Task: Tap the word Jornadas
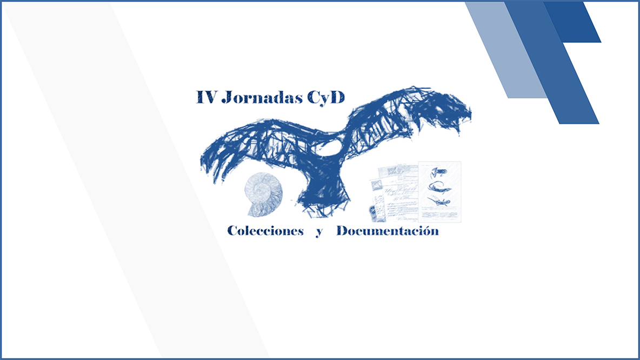[x=262, y=97]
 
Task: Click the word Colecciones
[x=265, y=231]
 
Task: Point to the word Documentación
[x=388, y=231]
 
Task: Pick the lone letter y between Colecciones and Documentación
[x=319, y=232]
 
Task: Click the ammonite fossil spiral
[x=263, y=194]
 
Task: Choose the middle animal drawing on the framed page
[x=439, y=187]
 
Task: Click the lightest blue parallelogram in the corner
[x=506, y=50]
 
